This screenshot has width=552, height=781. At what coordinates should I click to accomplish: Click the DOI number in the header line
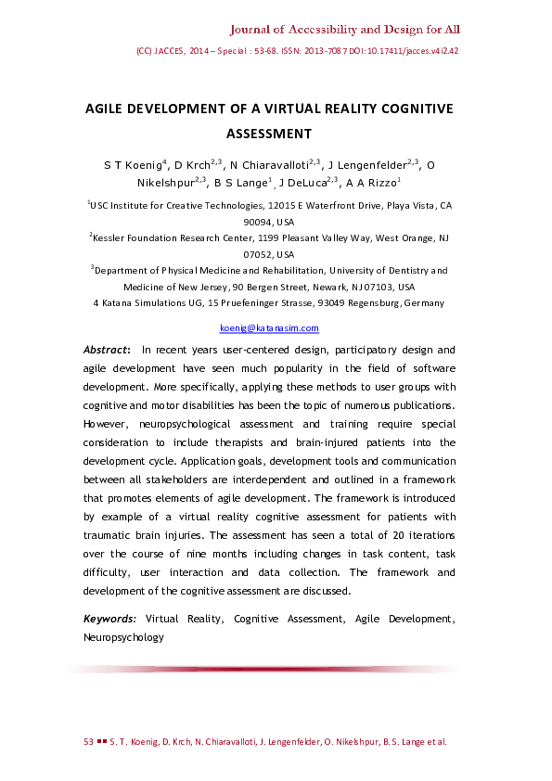pos(418,51)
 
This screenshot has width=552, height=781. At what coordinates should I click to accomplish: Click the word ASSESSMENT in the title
pos(269,133)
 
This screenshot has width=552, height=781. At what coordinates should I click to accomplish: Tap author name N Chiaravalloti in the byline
pos(272,165)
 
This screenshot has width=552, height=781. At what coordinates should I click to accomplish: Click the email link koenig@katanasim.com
pos(269,328)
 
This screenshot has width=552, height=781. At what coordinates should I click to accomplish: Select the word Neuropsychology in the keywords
pos(123,637)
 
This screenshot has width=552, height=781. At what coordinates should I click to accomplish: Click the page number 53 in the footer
pos(89,742)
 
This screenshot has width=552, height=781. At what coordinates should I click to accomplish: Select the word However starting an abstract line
pos(109,424)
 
